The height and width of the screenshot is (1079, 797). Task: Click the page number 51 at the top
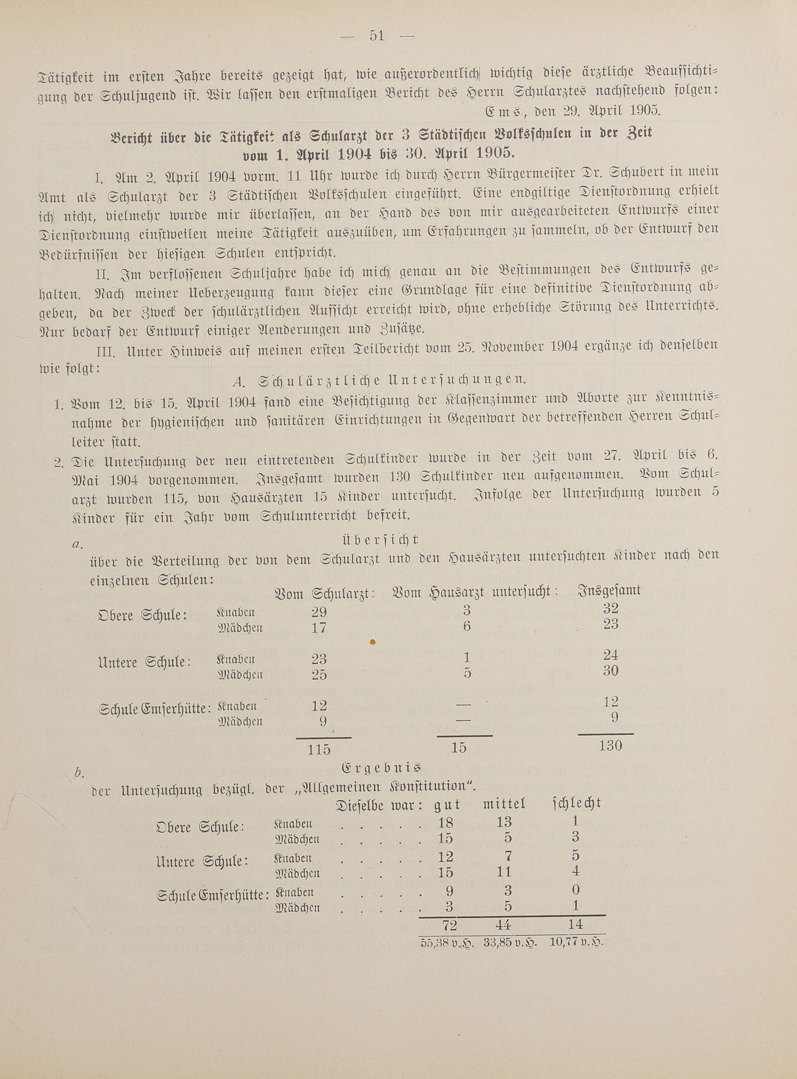click(x=377, y=36)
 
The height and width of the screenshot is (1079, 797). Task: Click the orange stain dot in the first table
click(x=372, y=642)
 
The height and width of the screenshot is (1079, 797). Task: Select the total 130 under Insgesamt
click(x=610, y=745)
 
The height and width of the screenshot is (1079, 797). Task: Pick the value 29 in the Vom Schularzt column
click(x=319, y=612)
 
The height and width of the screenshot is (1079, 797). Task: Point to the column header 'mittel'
click(x=504, y=804)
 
